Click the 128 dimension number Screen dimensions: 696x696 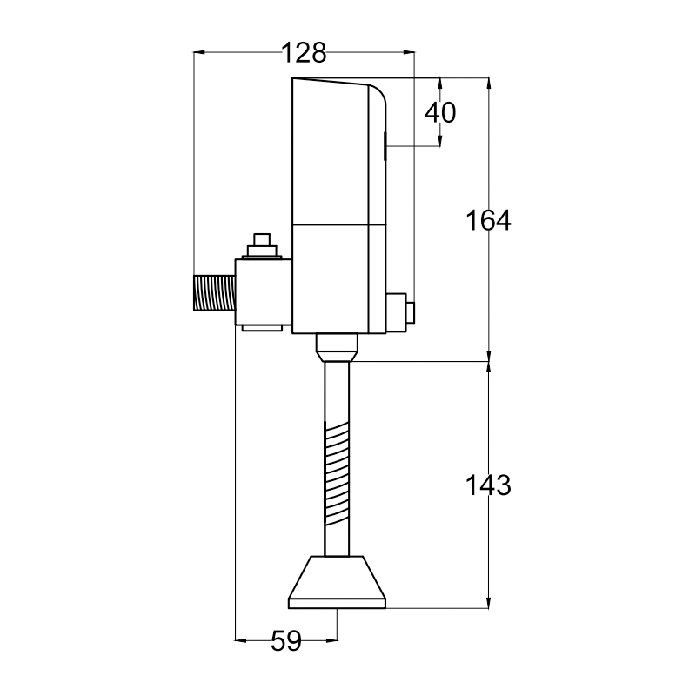[304, 54]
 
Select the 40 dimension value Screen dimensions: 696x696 [440, 112]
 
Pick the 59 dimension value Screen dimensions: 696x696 [286, 642]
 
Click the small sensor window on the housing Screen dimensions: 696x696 [385, 145]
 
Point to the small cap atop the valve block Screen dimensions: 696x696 [262, 244]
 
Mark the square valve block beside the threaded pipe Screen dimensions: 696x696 [262, 291]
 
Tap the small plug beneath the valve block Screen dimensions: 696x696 [262, 328]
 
